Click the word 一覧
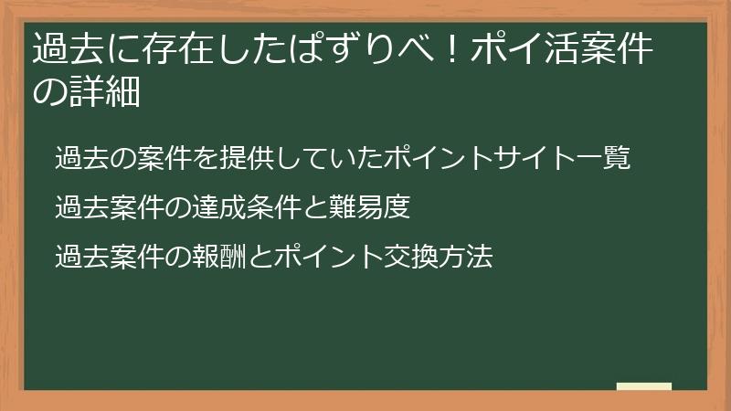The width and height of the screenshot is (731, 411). pyautogui.click(x=603, y=158)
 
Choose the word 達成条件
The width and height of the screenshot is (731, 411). pyautogui.click(x=247, y=208)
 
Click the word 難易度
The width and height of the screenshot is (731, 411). pyautogui.click(x=370, y=208)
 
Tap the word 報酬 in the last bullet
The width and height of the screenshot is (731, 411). pyautogui.click(x=219, y=258)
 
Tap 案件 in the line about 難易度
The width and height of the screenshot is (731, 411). pyautogui.click(x=137, y=208)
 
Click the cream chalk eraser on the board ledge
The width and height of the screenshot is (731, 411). pyautogui.click(x=643, y=387)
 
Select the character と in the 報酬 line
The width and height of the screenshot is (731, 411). pyautogui.click(x=260, y=258)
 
